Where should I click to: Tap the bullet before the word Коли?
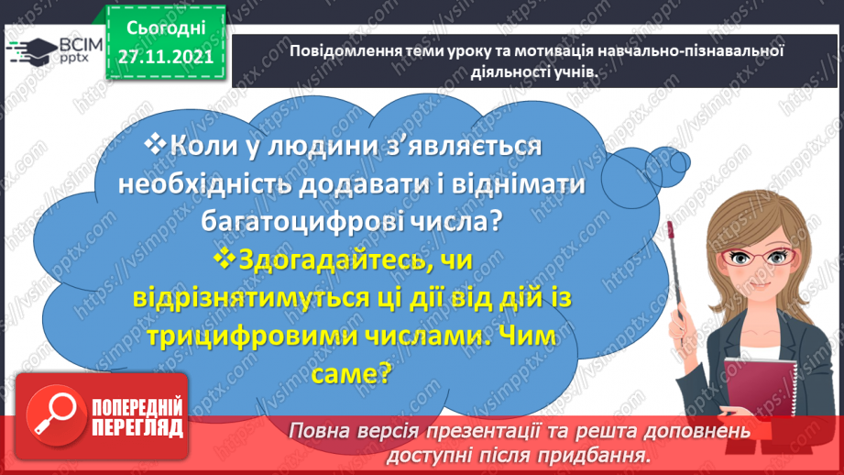click(157, 143)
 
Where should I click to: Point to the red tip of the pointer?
click(671, 226)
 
